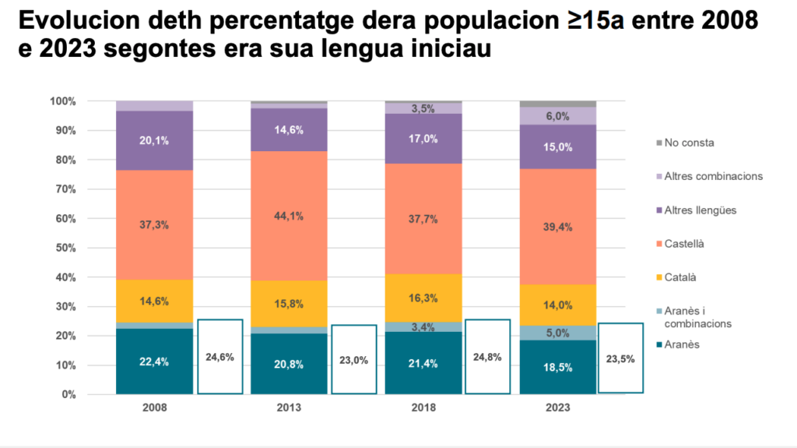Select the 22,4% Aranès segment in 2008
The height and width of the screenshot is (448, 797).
[x=154, y=362]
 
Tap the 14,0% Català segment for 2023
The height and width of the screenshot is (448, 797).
[x=557, y=305]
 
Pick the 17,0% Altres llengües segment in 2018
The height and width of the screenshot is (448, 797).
[x=423, y=139]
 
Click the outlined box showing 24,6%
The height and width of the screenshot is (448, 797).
[x=219, y=356]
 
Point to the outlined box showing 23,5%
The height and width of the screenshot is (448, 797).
[x=620, y=358]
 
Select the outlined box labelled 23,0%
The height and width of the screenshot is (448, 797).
[x=355, y=359]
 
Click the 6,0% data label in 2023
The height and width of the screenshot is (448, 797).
[x=558, y=115]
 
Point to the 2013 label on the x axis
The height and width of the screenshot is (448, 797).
[x=289, y=407]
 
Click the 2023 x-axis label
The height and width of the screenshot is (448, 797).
[x=557, y=407]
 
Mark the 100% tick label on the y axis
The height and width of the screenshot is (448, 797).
[x=62, y=101]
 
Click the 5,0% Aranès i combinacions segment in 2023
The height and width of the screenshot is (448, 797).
[x=557, y=333]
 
